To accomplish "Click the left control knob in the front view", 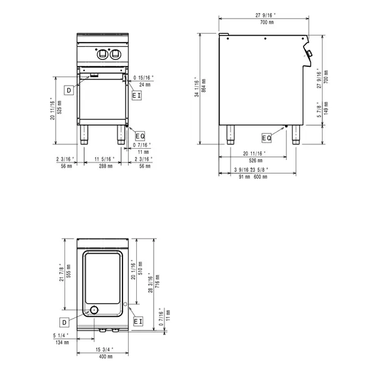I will click(x=102, y=54).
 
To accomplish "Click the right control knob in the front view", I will click(x=114, y=54).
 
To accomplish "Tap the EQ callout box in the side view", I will click(x=267, y=137).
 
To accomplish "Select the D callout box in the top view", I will click(x=64, y=321).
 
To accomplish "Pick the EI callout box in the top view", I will click(x=138, y=321).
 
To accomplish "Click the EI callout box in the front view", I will click(x=137, y=95).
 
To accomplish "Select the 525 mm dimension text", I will click(x=59, y=110).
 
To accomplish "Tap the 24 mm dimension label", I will click(x=145, y=84).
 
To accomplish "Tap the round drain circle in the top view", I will click(x=94, y=309).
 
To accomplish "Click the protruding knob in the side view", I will click(x=311, y=57).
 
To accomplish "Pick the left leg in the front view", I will click(x=84, y=133).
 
